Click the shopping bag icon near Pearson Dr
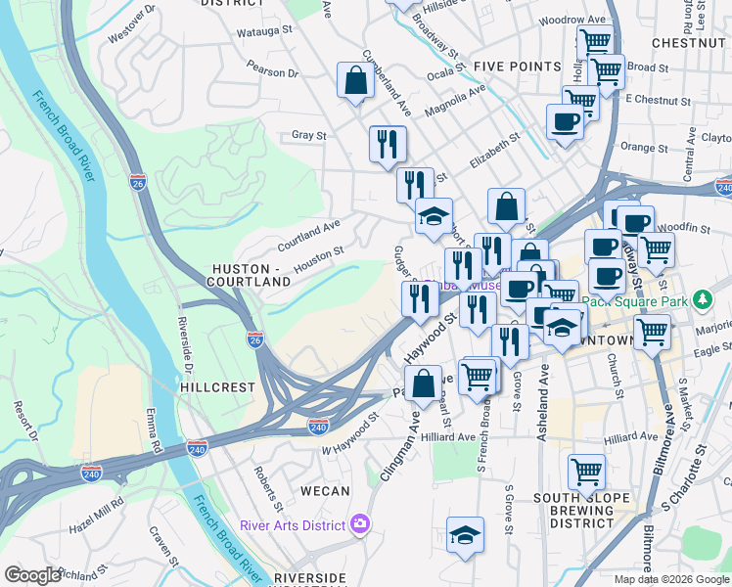(x=355, y=81)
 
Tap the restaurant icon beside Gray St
(x=388, y=145)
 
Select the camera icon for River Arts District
(x=360, y=525)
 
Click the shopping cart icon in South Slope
(x=586, y=472)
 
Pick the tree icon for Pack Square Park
(x=701, y=298)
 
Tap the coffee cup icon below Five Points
(x=565, y=122)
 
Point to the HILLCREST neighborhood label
(x=217, y=387)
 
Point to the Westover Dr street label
(x=133, y=24)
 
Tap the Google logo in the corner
(x=33, y=575)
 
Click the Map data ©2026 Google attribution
(x=671, y=579)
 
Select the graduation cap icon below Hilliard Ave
(x=465, y=534)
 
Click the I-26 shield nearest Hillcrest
(x=254, y=339)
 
